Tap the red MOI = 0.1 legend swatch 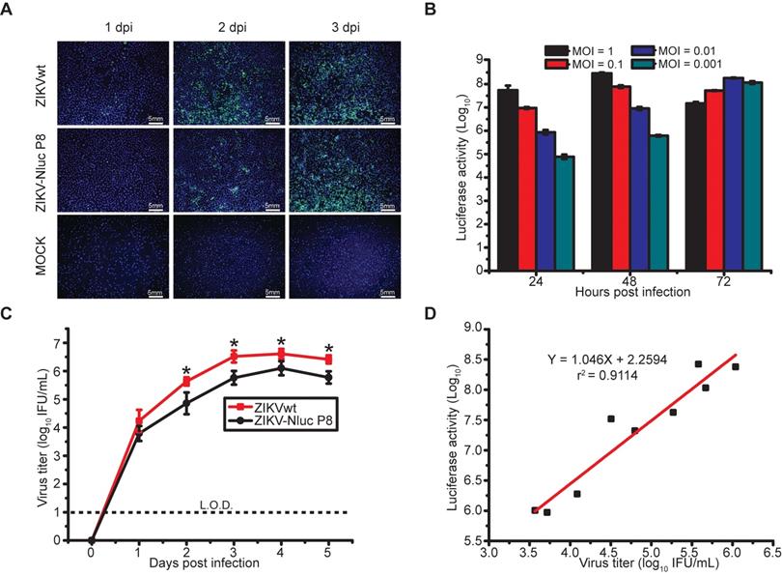557,64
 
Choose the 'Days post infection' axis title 209,562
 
